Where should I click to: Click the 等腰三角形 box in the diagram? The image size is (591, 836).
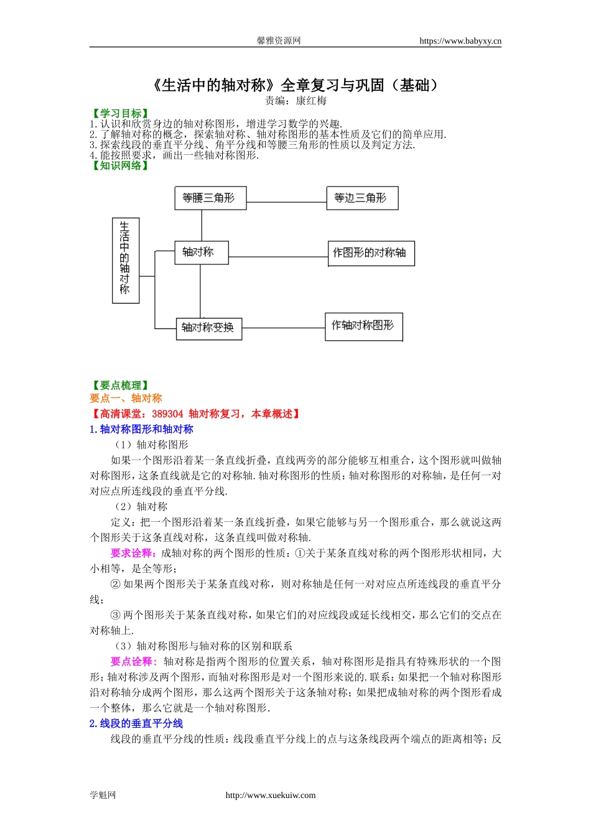(210, 198)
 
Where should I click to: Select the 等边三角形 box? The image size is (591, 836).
(361, 198)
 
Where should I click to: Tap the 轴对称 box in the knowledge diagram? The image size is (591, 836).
(201, 252)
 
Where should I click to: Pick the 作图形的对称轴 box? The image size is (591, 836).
(371, 253)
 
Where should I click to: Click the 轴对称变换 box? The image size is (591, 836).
(208, 328)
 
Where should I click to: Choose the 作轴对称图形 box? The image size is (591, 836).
(363, 326)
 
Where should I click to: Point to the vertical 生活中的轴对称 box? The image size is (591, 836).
(125, 261)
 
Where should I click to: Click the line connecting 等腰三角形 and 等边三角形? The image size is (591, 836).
(286, 202)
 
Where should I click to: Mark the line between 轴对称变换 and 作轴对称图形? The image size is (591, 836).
(283, 328)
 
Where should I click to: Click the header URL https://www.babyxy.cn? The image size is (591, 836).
(460, 41)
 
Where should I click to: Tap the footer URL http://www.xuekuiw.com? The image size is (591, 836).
(270, 795)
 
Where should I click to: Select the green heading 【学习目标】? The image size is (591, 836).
(120, 113)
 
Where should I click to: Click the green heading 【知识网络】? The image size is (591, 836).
(120, 165)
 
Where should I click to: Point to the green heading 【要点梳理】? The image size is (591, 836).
(120, 386)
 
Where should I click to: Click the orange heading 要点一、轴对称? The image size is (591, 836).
(126, 398)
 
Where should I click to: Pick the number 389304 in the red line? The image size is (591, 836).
(167, 414)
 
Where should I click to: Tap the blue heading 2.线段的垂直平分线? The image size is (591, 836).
(136, 723)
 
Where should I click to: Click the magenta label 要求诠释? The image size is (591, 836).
(131, 553)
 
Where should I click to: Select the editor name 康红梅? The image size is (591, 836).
(311, 101)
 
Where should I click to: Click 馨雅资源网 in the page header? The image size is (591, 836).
(278, 41)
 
